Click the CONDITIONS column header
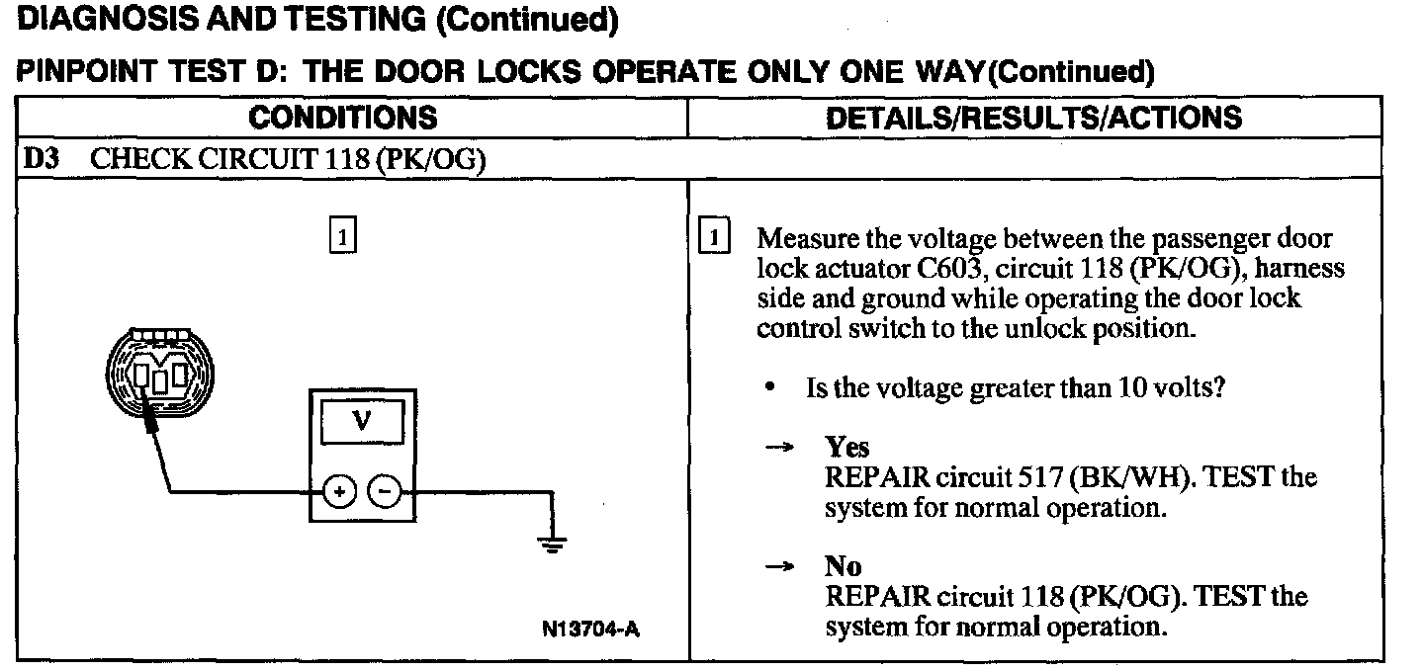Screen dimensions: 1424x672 (342, 118)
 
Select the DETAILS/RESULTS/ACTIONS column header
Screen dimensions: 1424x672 (1033, 118)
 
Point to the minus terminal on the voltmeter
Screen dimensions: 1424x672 (385, 490)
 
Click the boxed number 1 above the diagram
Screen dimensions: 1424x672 (341, 237)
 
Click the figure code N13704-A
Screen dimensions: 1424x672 (589, 629)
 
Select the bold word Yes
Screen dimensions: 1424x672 (847, 448)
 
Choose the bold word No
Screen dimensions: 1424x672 (844, 567)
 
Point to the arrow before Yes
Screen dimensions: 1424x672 (781, 448)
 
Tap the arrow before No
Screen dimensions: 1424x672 (781, 567)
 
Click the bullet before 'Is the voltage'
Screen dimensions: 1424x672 (770, 388)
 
